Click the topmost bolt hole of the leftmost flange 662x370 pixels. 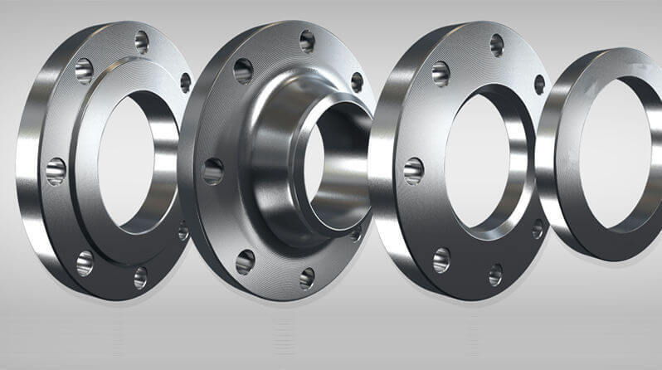point(141,39)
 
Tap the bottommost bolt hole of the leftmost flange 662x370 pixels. point(140,276)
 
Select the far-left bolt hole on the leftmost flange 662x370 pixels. point(56,170)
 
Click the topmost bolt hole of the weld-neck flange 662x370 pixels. point(307,40)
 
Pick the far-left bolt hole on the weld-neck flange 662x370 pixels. point(212,171)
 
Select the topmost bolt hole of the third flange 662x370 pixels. point(496,43)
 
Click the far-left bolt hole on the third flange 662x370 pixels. point(413,171)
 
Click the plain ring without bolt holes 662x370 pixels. point(554,166)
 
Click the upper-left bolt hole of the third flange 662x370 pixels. point(441,73)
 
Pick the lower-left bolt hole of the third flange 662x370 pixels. point(440,260)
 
